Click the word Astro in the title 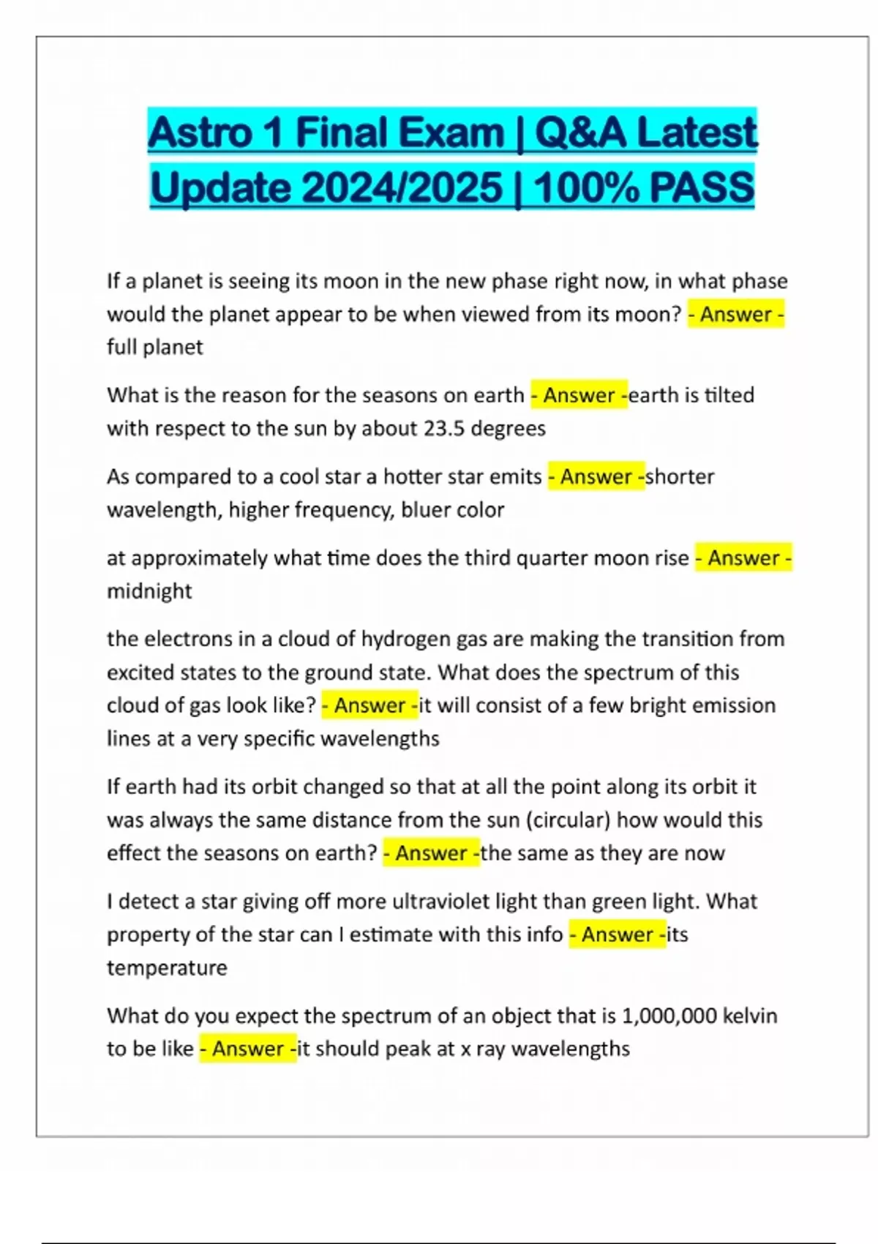(200, 133)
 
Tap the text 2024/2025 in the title (401, 187)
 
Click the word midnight (149, 591)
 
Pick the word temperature (167, 968)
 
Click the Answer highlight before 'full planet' (736, 315)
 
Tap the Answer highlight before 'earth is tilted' (579, 396)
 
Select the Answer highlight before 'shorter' (596, 477)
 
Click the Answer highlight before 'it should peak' (248, 1049)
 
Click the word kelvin (750, 1016)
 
